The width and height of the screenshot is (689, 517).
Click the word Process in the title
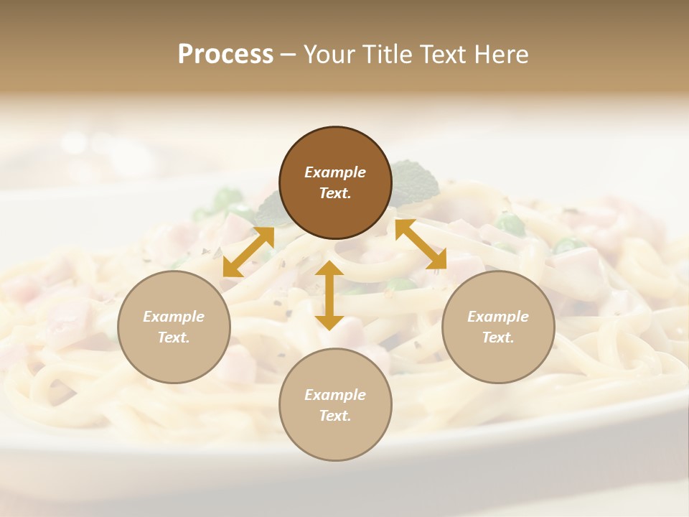(x=225, y=55)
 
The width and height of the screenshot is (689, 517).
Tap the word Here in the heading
(x=501, y=55)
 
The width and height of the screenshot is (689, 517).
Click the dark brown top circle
(x=335, y=183)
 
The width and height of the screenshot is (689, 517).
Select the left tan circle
(x=174, y=327)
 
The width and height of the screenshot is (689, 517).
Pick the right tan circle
(x=498, y=327)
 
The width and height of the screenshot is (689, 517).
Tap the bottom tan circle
(x=335, y=405)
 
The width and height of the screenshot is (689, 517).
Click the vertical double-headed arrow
(x=329, y=295)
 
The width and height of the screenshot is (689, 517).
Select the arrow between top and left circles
(x=248, y=252)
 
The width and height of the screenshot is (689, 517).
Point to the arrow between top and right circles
(x=421, y=245)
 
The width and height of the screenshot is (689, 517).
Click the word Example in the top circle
(x=335, y=172)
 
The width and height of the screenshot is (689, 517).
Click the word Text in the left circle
(x=174, y=337)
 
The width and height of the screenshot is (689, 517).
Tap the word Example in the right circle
(x=498, y=317)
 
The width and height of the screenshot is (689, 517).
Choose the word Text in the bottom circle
(x=335, y=416)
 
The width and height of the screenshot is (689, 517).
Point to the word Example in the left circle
(x=174, y=317)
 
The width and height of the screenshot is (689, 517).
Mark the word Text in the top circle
(x=335, y=193)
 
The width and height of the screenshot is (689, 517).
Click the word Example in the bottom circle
(x=335, y=395)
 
